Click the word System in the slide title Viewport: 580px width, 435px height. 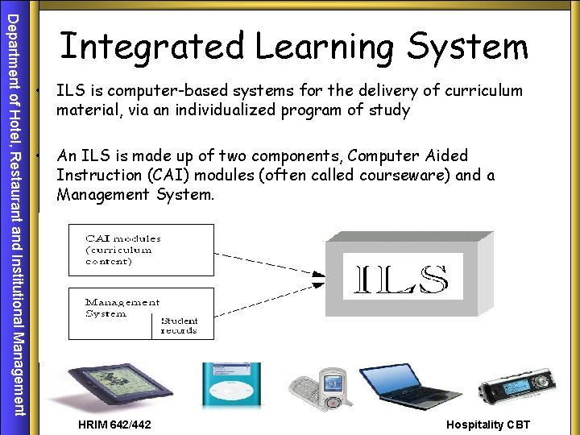[x=467, y=46]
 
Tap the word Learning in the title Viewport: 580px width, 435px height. [x=326, y=46]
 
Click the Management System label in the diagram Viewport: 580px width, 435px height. [x=121, y=307]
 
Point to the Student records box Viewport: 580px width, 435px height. [x=181, y=325]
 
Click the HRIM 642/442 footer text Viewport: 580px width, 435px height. [x=114, y=425]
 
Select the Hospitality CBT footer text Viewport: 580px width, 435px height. [x=488, y=425]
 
